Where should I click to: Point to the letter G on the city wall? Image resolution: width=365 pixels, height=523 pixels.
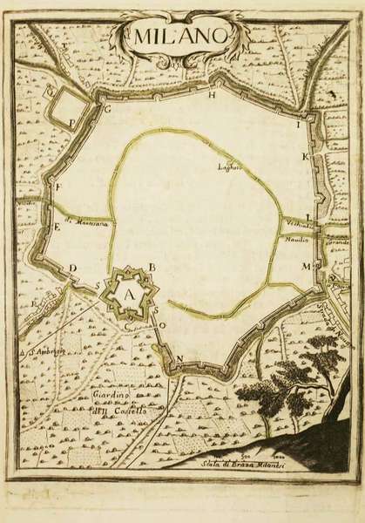[x=108, y=111]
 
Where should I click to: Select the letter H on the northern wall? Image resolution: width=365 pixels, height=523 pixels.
[x=211, y=97]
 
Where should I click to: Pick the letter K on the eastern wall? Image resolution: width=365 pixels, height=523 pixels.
[x=306, y=158]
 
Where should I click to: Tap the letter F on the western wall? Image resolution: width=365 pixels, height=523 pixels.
[x=57, y=188]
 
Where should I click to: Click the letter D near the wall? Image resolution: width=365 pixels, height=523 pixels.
[x=73, y=268]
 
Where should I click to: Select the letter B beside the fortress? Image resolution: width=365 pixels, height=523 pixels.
[x=152, y=266]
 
